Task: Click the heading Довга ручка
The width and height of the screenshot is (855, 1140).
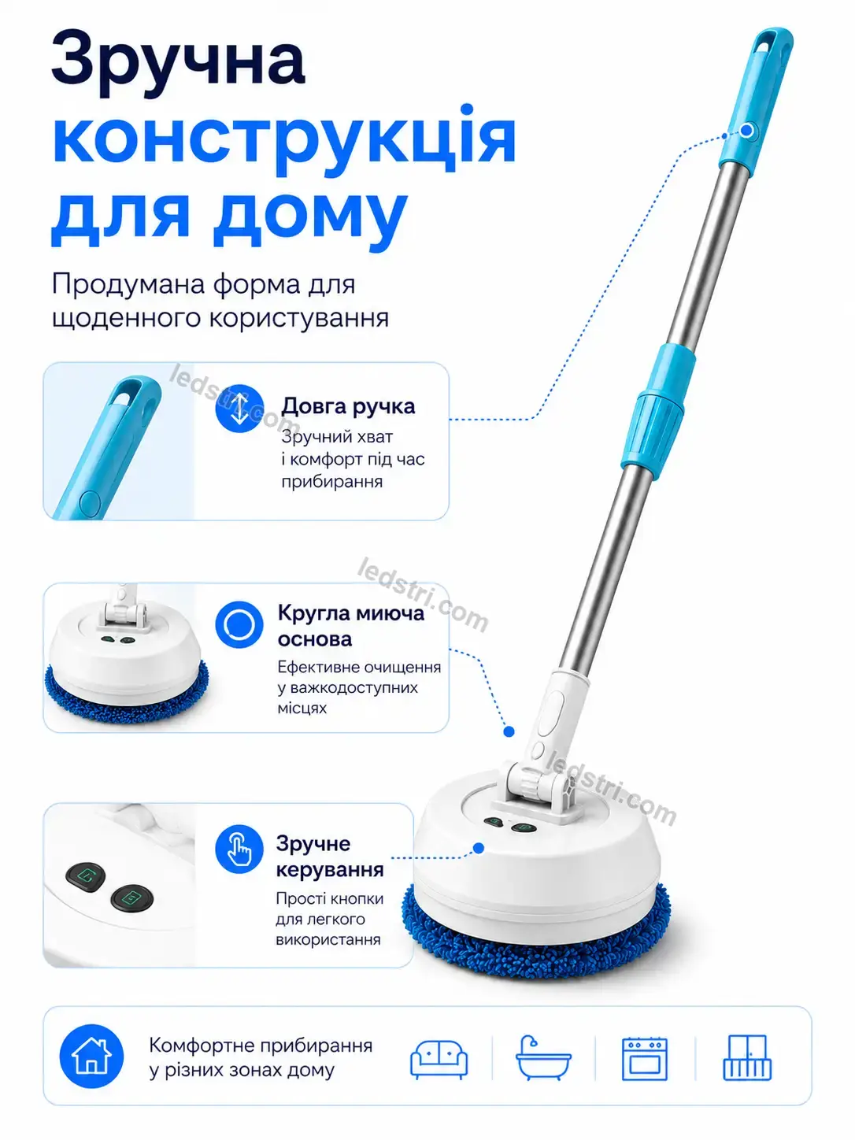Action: [x=348, y=406]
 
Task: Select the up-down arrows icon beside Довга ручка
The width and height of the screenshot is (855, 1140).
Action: [x=239, y=409]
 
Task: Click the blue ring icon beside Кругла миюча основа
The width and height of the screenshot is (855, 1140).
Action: [x=239, y=624]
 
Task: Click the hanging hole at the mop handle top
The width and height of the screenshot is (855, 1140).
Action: [x=768, y=46]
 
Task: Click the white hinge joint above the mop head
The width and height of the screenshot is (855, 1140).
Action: [x=540, y=787]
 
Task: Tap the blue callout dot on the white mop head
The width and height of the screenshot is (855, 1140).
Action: [x=479, y=848]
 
